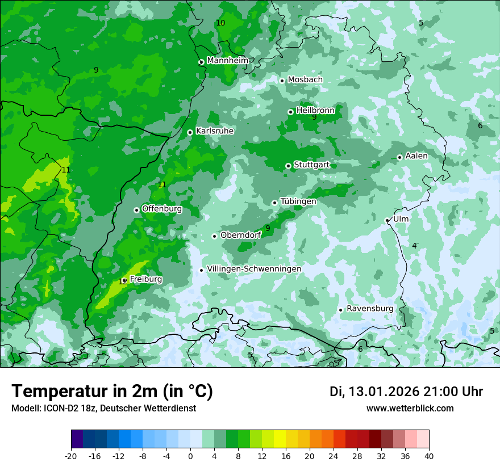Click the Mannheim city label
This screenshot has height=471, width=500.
(x=227, y=61)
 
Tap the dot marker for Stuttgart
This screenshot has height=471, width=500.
(x=288, y=166)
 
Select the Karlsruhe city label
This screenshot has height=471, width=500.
(x=215, y=131)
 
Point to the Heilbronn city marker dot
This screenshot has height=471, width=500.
(x=290, y=112)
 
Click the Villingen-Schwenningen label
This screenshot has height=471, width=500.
(x=254, y=269)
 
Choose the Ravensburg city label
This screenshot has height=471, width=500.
(x=370, y=309)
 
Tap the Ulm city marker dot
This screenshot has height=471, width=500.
(x=387, y=220)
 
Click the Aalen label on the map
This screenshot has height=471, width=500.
(x=416, y=156)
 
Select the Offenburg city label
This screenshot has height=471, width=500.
(x=162, y=209)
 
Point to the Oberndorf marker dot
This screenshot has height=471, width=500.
(x=214, y=236)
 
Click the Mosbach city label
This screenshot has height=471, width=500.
(x=305, y=80)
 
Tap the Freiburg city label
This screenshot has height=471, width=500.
(x=146, y=279)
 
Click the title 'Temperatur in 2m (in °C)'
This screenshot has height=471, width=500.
(x=112, y=391)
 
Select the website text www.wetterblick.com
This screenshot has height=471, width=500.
(x=410, y=408)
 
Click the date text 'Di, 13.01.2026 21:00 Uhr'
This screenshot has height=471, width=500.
(x=406, y=392)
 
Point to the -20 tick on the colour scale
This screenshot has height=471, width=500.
(x=71, y=456)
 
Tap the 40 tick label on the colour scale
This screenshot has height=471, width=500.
(x=429, y=456)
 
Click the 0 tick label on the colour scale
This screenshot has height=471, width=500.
(x=190, y=456)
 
